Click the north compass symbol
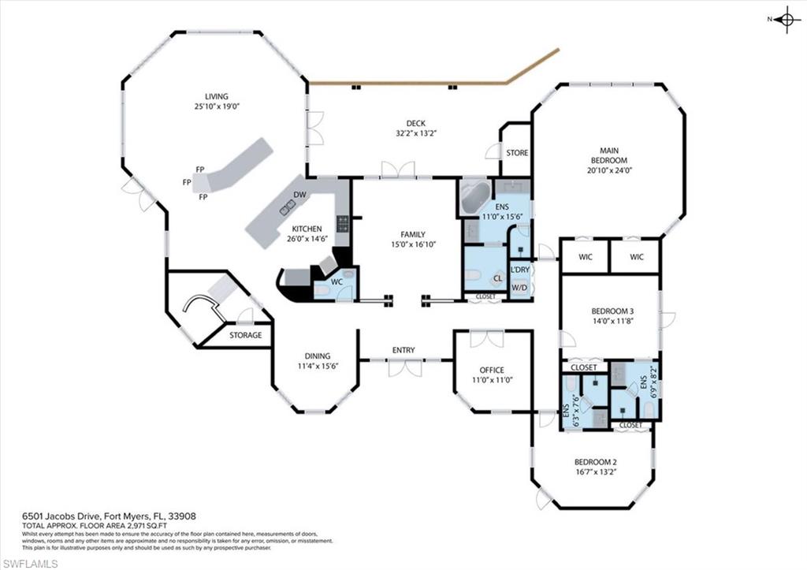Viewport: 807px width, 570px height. click(786, 20)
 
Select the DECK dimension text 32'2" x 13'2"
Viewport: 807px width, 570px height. click(416, 133)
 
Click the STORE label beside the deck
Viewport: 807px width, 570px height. click(517, 152)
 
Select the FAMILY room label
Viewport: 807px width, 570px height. click(412, 234)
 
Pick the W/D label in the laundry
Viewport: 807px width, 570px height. click(520, 288)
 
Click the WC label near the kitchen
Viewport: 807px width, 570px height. click(337, 281)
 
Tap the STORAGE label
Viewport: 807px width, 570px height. click(245, 335)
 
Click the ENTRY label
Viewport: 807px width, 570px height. click(403, 350)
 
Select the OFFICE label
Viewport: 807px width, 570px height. click(493, 370)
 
